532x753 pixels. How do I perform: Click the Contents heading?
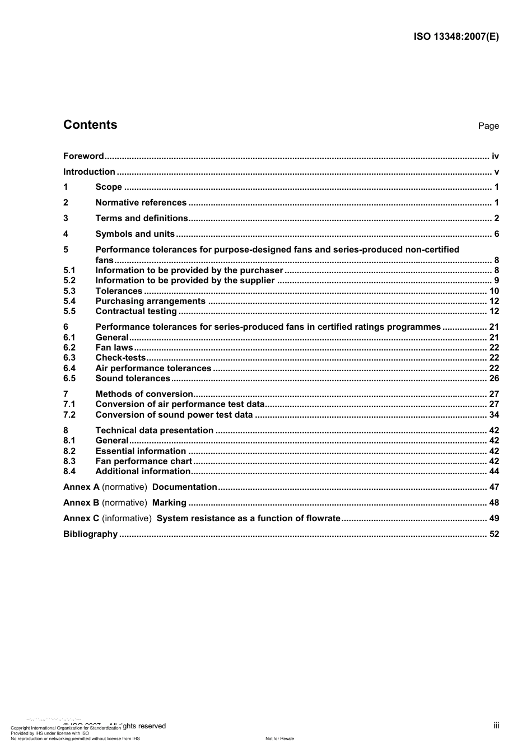(x=90, y=125)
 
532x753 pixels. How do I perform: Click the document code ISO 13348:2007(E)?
(x=456, y=37)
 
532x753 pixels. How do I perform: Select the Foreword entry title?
(x=83, y=156)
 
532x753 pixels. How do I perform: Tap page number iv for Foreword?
(x=495, y=156)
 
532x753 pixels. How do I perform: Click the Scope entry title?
(x=109, y=187)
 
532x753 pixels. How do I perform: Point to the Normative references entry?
(x=141, y=203)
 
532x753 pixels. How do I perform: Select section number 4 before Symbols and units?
(x=66, y=234)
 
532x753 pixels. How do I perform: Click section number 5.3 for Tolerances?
(x=69, y=291)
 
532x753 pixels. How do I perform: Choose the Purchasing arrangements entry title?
(x=150, y=301)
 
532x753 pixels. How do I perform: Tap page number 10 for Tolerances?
(x=494, y=291)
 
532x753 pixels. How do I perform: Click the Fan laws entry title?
(x=114, y=348)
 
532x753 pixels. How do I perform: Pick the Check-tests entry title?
(x=120, y=358)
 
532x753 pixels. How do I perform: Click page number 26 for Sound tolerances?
(x=494, y=378)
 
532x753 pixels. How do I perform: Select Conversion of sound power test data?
(x=174, y=415)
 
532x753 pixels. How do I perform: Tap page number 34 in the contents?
(x=494, y=415)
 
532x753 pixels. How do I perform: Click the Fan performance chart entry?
(x=143, y=461)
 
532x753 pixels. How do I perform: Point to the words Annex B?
(x=81, y=503)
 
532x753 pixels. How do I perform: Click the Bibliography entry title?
(x=90, y=534)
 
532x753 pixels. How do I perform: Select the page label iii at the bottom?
(x=496, y=726)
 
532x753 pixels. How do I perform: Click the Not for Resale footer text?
(x=279, y=738)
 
